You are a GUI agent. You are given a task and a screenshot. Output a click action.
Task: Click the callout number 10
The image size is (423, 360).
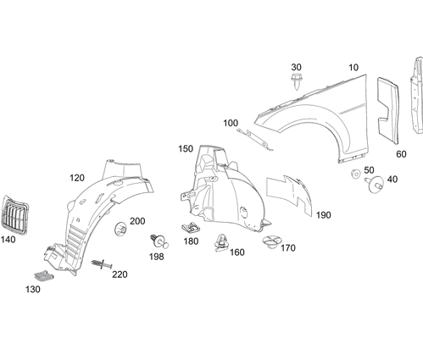(x=353, y=67)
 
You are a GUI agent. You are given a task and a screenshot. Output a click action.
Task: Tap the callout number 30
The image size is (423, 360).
(x=296, y=66)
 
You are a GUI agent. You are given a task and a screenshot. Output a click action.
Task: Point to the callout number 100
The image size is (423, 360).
(x=231, y=123)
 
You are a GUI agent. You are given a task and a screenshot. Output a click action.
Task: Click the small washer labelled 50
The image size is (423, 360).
(x=353, y=174)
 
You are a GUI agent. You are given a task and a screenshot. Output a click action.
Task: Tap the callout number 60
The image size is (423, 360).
(x=401, y=155)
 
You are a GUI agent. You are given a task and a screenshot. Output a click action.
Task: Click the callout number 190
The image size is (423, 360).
(x=323, y=215)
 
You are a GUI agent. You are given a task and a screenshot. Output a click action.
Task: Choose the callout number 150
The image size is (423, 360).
(x=186, y=149)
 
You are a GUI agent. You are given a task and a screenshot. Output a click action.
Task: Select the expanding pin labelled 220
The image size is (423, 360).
(x=102, y=265)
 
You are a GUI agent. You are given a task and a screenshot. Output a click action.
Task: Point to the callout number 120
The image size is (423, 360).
(x=77, y=178)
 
